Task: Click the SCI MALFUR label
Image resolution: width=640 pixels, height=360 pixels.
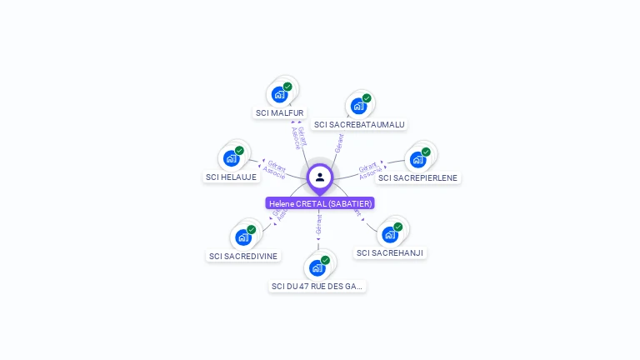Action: point(280,112)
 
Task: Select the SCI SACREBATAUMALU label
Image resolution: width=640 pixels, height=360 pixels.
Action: point(359,124)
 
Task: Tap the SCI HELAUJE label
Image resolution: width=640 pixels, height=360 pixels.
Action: point(232,177)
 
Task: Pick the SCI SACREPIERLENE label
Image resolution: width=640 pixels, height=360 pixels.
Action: point(417,177)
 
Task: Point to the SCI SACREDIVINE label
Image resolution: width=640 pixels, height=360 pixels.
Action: point(243,256)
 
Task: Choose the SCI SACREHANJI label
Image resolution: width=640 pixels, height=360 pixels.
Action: point(390,252)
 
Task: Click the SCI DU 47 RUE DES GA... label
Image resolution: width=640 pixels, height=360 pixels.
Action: point(317,286)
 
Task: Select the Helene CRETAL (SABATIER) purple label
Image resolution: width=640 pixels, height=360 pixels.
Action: point(320,203)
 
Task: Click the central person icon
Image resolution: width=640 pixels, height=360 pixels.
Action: point(320,177)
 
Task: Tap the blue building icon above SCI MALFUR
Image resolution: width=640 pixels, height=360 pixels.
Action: point(279,94)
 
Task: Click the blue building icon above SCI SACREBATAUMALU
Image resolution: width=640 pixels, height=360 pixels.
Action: point(358,106)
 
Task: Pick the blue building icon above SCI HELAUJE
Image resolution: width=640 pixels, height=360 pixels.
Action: point(231,158)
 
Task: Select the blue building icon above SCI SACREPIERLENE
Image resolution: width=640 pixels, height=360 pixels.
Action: point(417,159)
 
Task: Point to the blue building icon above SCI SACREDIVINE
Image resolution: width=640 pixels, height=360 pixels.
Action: point(243,237)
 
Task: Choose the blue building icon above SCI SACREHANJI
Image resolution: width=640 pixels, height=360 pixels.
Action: point(389,234)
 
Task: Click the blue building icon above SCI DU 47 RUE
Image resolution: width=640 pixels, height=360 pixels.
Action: point(317,267)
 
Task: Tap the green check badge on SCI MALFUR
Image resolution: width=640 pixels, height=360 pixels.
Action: point(287,87)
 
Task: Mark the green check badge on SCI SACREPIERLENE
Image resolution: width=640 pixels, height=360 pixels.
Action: point(426,152)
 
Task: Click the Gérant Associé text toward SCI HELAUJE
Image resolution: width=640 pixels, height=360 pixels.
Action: point(274,169)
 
